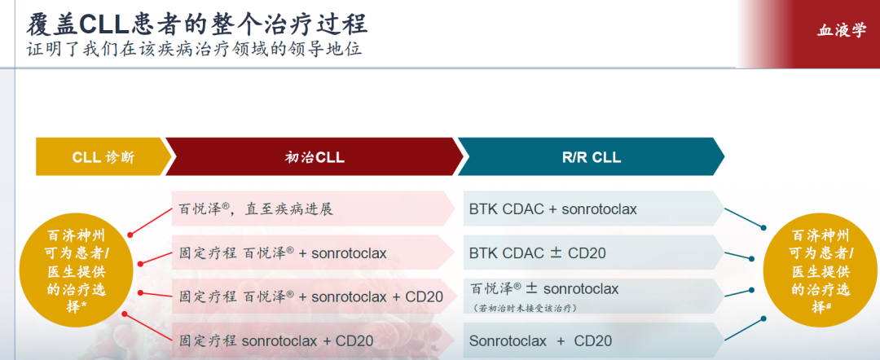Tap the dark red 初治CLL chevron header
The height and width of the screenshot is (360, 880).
[x=315, y=157]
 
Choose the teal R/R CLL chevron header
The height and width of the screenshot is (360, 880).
[x=592, y=157]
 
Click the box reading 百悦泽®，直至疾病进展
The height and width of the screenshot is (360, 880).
[x=313, y=209]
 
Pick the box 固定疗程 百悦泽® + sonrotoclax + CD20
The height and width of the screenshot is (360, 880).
[x=313, y=296]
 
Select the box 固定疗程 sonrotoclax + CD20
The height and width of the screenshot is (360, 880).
[x=313, y=340]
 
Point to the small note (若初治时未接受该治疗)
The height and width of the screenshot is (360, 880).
[x=524, y=308]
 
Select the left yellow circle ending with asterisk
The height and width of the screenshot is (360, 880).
[x=77, y=271]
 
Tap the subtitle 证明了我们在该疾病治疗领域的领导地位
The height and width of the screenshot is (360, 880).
[x=194, y=49]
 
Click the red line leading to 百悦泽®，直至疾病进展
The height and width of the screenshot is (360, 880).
[x=151, y=221]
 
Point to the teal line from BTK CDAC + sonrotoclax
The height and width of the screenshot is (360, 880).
[x=744, y=218]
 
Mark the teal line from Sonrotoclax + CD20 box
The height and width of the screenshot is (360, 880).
[x=744, y=328]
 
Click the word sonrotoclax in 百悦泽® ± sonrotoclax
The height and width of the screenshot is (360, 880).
[x=581, y=289]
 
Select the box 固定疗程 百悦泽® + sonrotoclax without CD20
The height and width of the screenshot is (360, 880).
[x=313, y=253]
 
